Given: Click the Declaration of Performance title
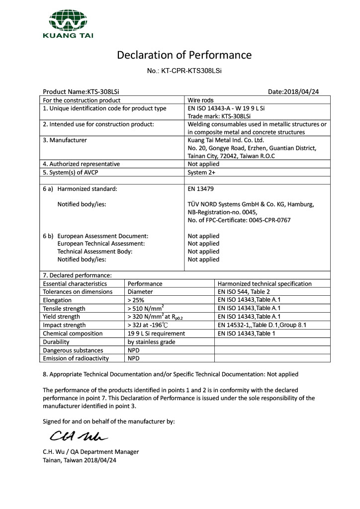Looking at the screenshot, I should tap(184, 55).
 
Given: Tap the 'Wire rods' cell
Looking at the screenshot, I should tap(200, 100).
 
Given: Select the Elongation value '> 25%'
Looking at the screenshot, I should tap(136, 300).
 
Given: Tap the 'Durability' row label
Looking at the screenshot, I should tap(56, 342).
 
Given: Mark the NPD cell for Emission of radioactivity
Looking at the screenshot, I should tap(133, 358).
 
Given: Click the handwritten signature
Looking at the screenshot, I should tap(79, 436).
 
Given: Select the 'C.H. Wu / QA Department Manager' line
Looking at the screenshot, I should tap(91, 452).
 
